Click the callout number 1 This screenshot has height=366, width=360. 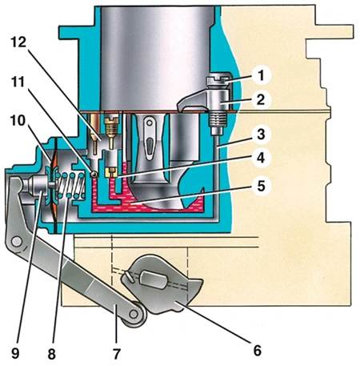coord(261,75)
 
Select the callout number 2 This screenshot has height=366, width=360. coord(261,99)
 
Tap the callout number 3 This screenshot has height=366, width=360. coord(261,134)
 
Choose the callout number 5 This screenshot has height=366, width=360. coord(261,185)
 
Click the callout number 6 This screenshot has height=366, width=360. coord(257,350)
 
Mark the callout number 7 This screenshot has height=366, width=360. coord(117,353)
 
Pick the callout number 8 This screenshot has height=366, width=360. coord(51,354)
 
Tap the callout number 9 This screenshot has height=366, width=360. coord(15,353)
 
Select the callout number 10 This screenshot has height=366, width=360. coord(18,121)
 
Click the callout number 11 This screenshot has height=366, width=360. coord(18,82)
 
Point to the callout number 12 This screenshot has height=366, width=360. coord(18,42)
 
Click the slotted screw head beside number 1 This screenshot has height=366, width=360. coord(216,79)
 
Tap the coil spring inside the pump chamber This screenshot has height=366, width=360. coord(71,185)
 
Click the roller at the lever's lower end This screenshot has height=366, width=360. coord(134,314)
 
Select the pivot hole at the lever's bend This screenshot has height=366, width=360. coord(17,242)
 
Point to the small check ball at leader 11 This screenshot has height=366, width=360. coord(94,174)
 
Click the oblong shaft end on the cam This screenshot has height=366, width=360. coord(154,280)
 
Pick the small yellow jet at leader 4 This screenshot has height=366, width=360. coord(111,171)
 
